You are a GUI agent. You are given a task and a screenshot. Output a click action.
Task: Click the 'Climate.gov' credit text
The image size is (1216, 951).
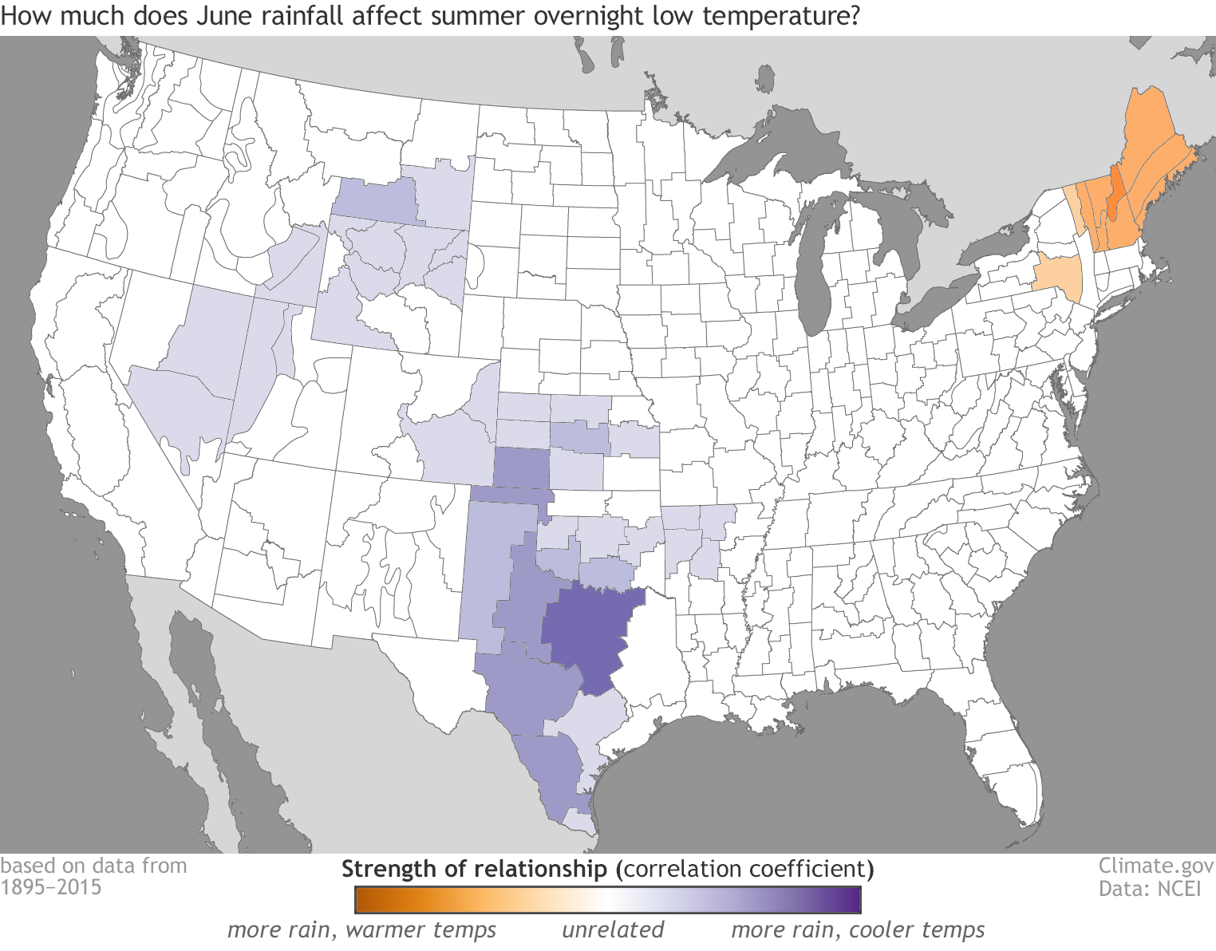1156,866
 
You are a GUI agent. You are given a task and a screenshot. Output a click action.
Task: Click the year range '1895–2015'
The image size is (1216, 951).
51,888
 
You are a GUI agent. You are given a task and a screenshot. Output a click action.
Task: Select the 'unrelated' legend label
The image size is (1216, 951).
613,929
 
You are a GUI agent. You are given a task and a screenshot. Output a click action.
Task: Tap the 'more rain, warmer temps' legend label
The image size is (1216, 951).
361,929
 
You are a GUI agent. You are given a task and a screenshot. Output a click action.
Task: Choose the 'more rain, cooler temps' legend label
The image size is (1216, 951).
858,929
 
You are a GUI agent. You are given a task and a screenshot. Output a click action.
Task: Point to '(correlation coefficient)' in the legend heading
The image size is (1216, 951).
744,869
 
